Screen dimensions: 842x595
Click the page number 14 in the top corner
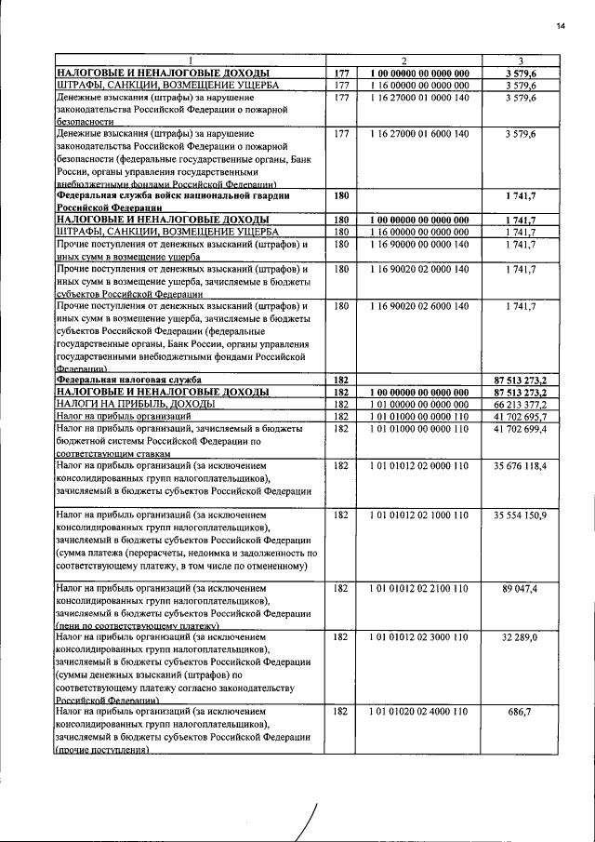[561, 25]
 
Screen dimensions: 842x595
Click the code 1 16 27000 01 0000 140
[418, 97]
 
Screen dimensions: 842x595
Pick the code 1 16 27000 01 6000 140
[418, 134]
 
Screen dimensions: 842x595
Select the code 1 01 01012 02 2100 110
[418, 588]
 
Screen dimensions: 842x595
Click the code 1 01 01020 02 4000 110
[418, 710]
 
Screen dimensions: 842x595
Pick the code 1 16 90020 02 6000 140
[418, 304]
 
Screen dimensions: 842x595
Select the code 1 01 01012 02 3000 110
[418, 637]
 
